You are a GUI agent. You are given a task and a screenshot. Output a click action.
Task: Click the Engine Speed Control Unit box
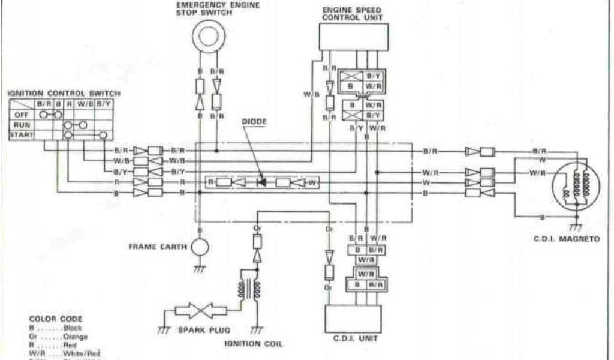pyautogui.click(x=353, y=37)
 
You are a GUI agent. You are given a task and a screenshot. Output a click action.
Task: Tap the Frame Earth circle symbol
pyautogui.click(x=199, y=247)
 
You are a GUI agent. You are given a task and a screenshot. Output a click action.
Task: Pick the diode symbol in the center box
pyautogui.click(x=261, y=182)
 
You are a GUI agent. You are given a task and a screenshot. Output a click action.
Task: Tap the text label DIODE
pyautogui.click(x=254, y=121)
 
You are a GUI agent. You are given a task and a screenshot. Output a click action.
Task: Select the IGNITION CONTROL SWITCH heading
pyautogui.click(x=64, y=94)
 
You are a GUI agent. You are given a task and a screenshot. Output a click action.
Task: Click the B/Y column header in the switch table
pyautogui.click(x=103, y=104)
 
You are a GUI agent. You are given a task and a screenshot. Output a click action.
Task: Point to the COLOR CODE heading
pyautogui.click(x=55, y=319)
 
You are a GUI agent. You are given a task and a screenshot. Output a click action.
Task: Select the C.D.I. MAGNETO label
pyautogui.click(x=574, y=239)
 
